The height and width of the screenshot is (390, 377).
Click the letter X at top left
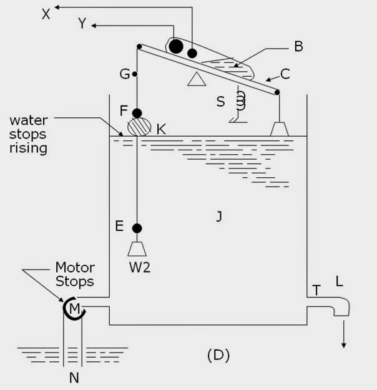coord(46,14)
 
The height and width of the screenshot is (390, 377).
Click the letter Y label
coord(82,24)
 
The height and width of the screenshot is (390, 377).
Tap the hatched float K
coord(139,127)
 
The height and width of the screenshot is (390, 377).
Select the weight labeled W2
coord(137,249)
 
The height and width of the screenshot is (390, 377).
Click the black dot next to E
coord(137,228)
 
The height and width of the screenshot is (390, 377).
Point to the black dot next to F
coord(137,113)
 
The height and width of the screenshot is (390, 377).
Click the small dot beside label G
coord(135,74)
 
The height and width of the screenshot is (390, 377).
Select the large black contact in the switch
coord(177,46)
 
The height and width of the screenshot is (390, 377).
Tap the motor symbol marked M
coord(74,308)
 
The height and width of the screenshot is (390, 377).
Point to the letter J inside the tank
coord(219,217)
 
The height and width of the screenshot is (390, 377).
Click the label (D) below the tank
coord(218,356)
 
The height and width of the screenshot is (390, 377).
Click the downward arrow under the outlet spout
coord(343,337)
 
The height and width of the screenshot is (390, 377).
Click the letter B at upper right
coord(298,47)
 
